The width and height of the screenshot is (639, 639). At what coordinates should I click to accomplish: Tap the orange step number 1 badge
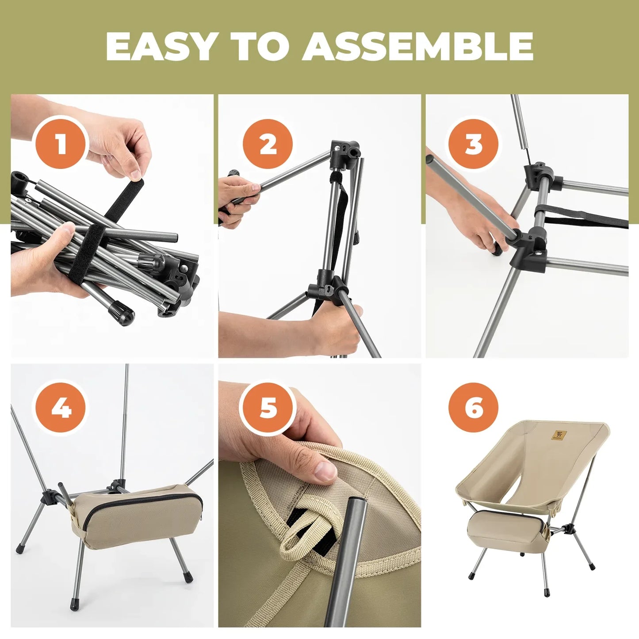coord(61,144)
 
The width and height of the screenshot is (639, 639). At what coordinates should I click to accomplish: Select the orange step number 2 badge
coord(268,144)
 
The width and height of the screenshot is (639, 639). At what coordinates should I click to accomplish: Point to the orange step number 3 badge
coord(474,144)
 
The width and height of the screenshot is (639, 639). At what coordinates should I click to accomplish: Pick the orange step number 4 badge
coord(61,407)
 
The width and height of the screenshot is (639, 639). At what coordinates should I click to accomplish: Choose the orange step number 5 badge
coord(268,407)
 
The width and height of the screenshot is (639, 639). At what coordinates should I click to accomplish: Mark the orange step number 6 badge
coord(474,407)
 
